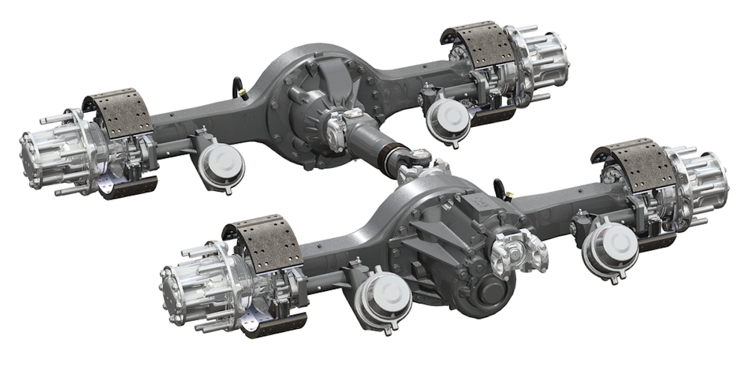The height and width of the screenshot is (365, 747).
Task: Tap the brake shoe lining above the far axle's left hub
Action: (118, 113)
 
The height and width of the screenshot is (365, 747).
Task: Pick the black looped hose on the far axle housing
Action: (239, 86)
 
